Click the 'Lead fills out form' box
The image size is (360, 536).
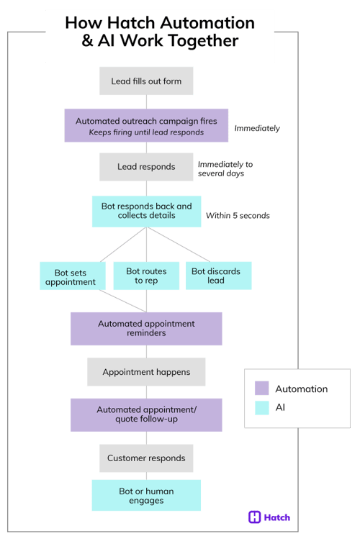146,81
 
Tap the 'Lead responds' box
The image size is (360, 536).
146,167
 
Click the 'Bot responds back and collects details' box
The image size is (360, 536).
146,211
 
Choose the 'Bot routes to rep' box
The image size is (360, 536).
146,276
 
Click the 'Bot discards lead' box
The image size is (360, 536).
215,276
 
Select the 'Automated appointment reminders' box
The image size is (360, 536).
146,328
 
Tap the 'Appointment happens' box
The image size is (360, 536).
146,372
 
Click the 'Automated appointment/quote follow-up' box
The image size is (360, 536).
146,414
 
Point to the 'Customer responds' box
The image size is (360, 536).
146,458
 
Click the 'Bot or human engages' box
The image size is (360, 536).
146,495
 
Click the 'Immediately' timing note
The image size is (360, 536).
257,129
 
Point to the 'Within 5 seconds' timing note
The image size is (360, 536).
238,215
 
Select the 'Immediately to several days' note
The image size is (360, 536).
225,169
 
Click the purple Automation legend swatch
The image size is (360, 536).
262,389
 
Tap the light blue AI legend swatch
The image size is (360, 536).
262,407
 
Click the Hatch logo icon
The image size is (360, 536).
254,517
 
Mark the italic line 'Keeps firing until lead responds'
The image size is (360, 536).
146,132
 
